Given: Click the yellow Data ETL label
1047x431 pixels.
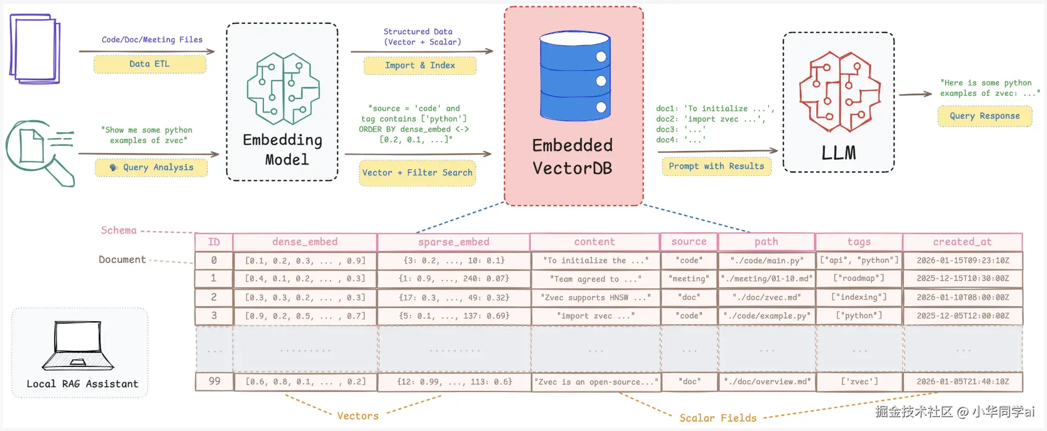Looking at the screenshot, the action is [150, 64].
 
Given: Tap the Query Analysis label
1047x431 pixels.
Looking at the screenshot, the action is [151, 168].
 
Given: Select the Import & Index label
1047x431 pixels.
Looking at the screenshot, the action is [420, 66].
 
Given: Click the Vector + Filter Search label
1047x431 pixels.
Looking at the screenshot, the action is [417, 173].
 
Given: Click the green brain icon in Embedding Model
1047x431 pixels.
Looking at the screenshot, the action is [283, 88].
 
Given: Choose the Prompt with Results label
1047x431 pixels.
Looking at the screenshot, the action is [717, 167].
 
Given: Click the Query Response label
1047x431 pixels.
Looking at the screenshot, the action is [985, 116].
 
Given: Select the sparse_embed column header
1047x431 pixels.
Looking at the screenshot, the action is [454, 242].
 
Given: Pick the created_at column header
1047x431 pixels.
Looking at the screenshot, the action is [963, 242].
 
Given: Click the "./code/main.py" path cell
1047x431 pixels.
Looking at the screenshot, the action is [767, 260].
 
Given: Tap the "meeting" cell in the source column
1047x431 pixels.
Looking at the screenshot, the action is [689, 279].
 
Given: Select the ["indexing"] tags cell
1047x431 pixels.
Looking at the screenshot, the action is [859, 297].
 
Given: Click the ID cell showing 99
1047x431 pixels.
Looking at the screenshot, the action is [214, 382].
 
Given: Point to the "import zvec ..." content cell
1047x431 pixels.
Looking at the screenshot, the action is [596, 316].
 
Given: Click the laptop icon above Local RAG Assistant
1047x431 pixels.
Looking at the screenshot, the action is [78, 346].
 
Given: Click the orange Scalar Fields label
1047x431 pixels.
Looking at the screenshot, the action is [718, 418].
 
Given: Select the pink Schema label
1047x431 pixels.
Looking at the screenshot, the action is [119, 230].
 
